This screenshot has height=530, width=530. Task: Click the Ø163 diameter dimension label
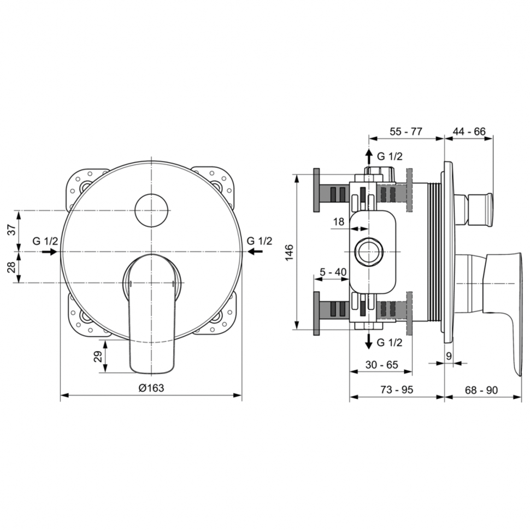[x=151, y=388]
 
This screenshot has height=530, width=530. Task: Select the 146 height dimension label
[x=290, y=252]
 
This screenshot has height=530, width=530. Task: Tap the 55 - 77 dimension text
[x=406, y=131]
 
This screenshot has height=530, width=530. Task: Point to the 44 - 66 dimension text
[x=469, y=131]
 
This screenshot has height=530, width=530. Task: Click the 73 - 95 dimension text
[x=397, y=390]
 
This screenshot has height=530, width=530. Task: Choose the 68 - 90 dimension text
[x=481, y=390]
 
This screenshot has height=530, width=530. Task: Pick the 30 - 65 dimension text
[x=381, y=364]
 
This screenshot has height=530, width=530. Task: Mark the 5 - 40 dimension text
[x=333, y=272]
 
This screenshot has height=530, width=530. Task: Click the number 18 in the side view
[x=339, y=222]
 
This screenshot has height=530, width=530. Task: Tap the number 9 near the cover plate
[x=449, y=356]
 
